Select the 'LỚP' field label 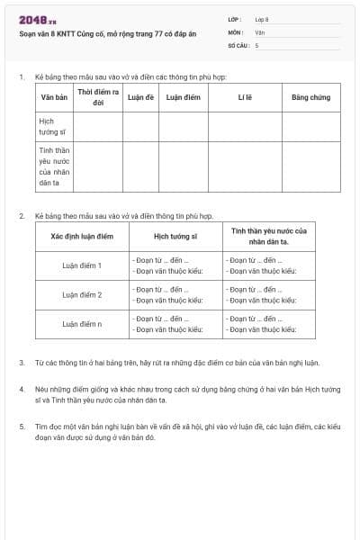pyautogui.click(x=235, y=19)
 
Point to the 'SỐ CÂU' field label pyautogui.click(x=238, y=44)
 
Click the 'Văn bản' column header pyautogui.click(x=55, y=96)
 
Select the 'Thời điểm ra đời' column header pyautogui.click(x=97, y=96)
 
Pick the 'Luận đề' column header pyautogui.click(x=140, y=96)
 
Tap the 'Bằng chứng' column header pyautogui.click(x=310, y=96)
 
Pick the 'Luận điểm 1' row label pyautogui.click(x=82, y=265)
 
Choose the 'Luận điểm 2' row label pyautogui.click(x=82, y=294)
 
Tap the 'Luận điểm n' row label pyautogui.click(x=82, y=323)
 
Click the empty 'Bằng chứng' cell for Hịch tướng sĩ pyautogui.click(x=310, y=126)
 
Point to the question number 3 pyautogui.click(x=22, y=363)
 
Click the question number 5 pyautogui.click(x=22, y=424)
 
